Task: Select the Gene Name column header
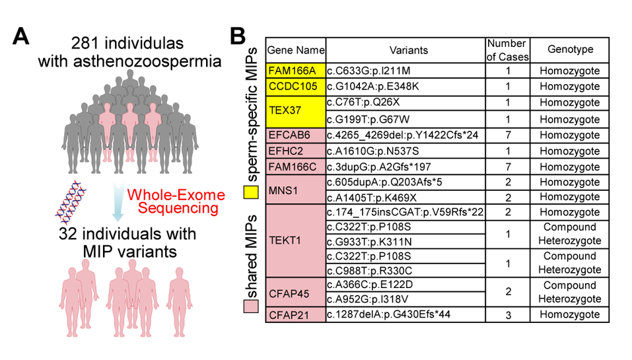pos(296,50)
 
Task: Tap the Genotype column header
pos(570,49)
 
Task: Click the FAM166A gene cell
pos(296,71)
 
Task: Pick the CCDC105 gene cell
pos(296,87)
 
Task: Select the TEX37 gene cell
pos(296,111)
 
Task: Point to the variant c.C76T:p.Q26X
pos(363,102)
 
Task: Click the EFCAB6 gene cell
pos(296,135)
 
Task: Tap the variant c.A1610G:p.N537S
pos(373,151)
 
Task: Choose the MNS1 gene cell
pos(296,190)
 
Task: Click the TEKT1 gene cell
pos(296,240)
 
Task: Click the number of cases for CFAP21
pos(508,315)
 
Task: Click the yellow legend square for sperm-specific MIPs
pos(251,192)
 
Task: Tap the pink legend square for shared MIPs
pos(251,306)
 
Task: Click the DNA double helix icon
pos(71,203)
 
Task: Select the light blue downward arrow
pos(118,202)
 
